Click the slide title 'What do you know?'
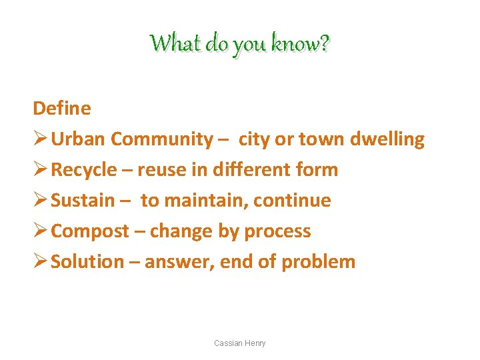240,44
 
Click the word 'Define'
62,108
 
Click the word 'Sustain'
83,200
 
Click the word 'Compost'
90,231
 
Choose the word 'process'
277,231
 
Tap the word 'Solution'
87,261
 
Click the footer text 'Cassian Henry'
239,343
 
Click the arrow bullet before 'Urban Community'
40,139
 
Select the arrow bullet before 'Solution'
40,261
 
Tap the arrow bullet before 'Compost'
40,231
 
